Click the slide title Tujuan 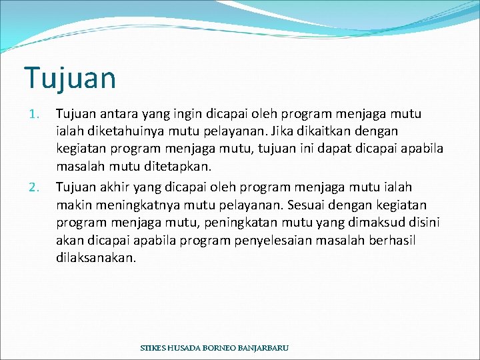click(70, 78)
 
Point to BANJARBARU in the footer click(262, 349)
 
